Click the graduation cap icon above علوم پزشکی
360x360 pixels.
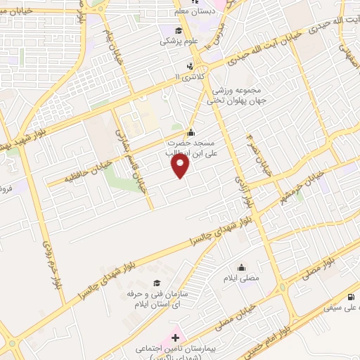click(x=179, y=30)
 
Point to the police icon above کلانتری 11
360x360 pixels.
click(x=188, y=67)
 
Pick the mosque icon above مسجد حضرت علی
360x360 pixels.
click(x=190, y=131)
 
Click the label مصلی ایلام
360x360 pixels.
click(x=242, y=278)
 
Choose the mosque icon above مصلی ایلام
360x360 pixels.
click(x=242, y=266)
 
